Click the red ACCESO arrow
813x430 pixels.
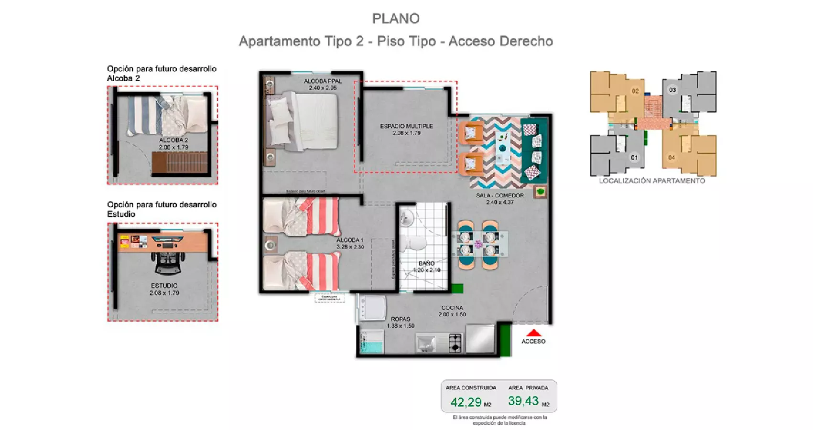tap(534, 333)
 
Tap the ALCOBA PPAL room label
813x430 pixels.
tap(323, 81)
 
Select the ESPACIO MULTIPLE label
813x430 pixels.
tap(406, 126)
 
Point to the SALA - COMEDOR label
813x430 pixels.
tap(500, 195)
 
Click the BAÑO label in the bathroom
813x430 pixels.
tap(426, 263)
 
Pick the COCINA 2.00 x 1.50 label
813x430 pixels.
tap(452, 311)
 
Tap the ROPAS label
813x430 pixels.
tap(400, 319)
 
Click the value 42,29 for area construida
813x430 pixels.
tap(466, 402)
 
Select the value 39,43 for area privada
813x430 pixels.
tap(523, 401)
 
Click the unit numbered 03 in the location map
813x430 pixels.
tap(672, 90)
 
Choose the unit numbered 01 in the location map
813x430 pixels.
tap(634, 157)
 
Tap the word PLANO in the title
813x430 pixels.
tap(396, 19)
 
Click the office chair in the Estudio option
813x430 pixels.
tap(167, 262)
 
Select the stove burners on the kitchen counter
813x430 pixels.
tap(455, 342)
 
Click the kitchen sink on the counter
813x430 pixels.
tap(425, 343)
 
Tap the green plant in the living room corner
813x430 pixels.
tap(541, 192)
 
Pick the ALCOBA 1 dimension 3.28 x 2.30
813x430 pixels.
tap(350, 247)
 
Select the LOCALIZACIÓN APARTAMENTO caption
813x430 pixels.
tap(652, 181)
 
